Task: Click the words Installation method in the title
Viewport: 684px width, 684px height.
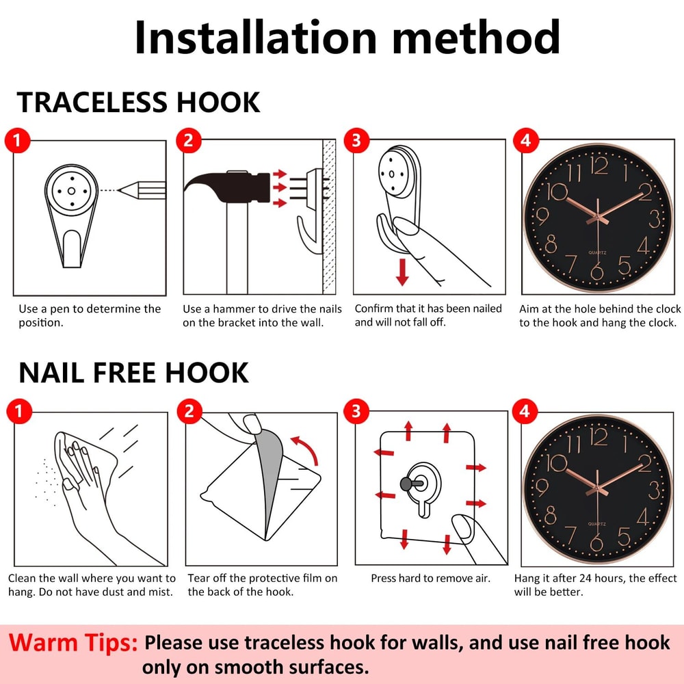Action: coord(347,38)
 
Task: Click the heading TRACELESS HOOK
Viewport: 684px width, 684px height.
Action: coord(138,103)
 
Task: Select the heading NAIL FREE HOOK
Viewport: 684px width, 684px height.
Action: coord(133,373)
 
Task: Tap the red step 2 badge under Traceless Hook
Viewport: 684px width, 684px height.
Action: coord(188,140)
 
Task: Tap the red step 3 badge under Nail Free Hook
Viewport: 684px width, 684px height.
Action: coord(356,411)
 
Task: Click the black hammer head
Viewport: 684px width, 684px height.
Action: coord(228,188)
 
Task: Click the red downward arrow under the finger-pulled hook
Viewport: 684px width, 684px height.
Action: coord(402,272)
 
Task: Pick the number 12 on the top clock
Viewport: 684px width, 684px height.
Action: coord(599,166)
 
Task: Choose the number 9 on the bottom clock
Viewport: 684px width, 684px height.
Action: coord(541,487)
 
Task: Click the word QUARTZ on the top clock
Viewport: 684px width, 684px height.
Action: coord(597,252)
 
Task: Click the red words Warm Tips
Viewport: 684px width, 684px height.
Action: coord(73,643)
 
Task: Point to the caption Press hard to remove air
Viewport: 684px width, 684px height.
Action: coord(430,579)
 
